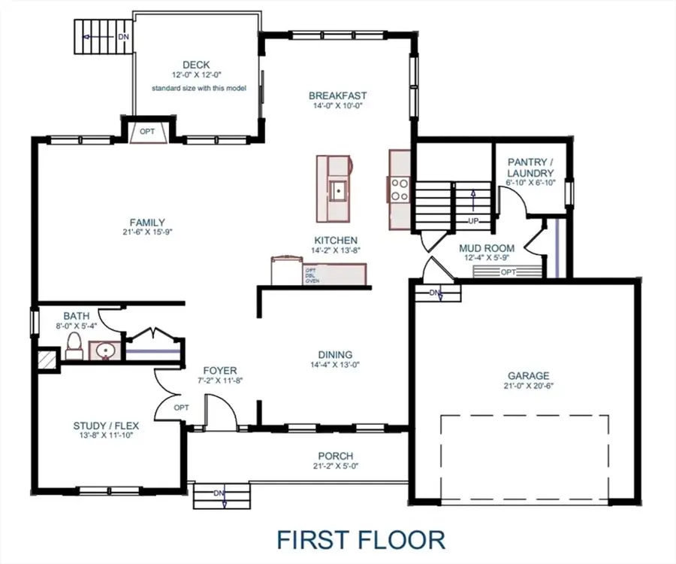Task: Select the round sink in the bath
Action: pyautogui.click(x=103, y=350)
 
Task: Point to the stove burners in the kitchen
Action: pyautogui.click(x=399, y=189)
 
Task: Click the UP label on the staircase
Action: pyautogui.click(x=473, y=221)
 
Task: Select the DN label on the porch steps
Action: pyautogui.click(x=219, y=493)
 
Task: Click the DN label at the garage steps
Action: pyautogui.click(x=435, y=292)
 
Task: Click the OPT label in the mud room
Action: pyautogui.click(x=509, y=271)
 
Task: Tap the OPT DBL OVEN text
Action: pyautogui.click(x=312, y=275)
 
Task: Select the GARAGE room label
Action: pyautogui.click(x=528, y=376)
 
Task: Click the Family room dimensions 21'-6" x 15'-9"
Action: pyautogui.click(x=147, y=232)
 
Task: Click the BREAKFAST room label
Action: pyautogui.click(x=338, y=96)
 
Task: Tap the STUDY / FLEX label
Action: pyautogui.click(x=106, y=426)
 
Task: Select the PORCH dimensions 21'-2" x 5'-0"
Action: pyautogui.click(x=335, y=466)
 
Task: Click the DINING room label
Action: pyautogui.click(x=335, y=355)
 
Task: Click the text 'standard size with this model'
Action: pyautogui.click(x=196, y=88)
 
